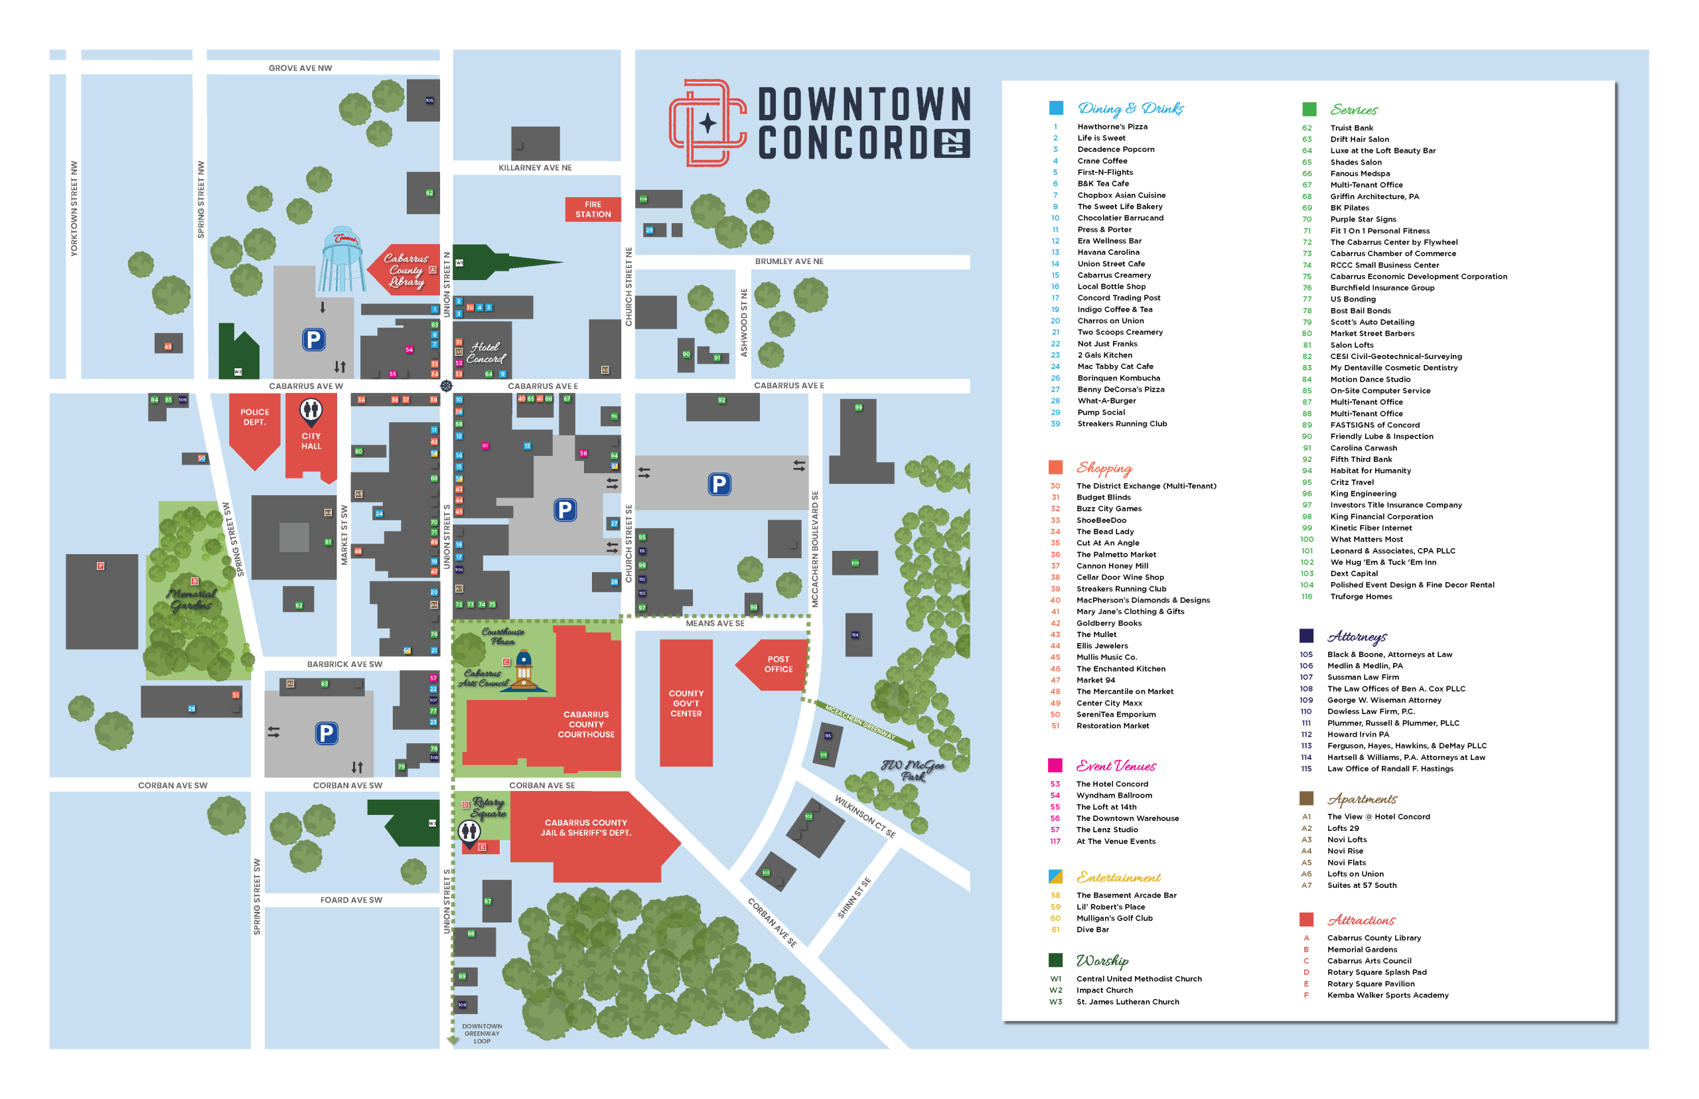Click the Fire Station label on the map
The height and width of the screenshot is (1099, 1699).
click(x=592, y=209)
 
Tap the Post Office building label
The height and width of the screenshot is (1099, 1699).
click(x=778, y=664)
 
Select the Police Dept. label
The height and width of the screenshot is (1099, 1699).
click(x=254, y=417)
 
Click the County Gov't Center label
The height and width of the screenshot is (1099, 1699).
click(x=685, y=703)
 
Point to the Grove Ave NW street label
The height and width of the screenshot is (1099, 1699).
click(x=300, y=68)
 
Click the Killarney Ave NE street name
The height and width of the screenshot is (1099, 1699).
click(x=534, y=168)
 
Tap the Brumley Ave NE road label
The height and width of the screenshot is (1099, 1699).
click(x=788, y=261)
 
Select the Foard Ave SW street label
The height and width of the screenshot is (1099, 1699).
click(x=351, y=900)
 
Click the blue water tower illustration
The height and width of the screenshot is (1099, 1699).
click(x=342, y=260)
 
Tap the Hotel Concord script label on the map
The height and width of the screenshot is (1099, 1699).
click(x=486, y=352)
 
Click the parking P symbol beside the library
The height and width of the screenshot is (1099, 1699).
click(x=313, y=340)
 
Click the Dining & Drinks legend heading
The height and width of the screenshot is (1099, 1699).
click(x=1130, y=108)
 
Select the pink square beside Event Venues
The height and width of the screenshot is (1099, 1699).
click(x=1055, y=765)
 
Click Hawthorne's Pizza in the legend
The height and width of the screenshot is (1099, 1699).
click(x=1112, y=126)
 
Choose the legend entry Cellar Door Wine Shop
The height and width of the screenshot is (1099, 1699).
click(x=1120, y=577)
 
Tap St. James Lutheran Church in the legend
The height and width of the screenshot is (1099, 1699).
click(x=1128, y=1001)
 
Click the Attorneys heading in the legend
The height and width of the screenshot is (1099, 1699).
click(x=1357, y=636)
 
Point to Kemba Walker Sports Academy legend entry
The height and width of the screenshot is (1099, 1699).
click(x=1387, y=995)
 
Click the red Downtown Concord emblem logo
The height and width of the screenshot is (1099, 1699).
click(x=706, y=123)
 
